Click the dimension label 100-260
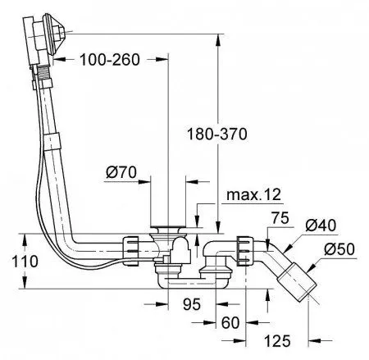pyautogui.click(x=110, y=60)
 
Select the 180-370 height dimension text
pyautogui.click(x=217, y=134)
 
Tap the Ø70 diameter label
pyautogui.click(x=121, y=172)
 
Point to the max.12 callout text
pyautogui.click(x=253, y=194)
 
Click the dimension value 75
pyautogui.click(x=280, y=218)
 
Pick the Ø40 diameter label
pyautogui.click(x=321, y=226)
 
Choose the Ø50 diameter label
pyautogui.click(x=339, y=249)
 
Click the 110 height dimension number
pyautogui.click(x=25, y=262)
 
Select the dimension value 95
pyautogui.click(x=192, y=304)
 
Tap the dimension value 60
pyautogui.click(x=230, y=322)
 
